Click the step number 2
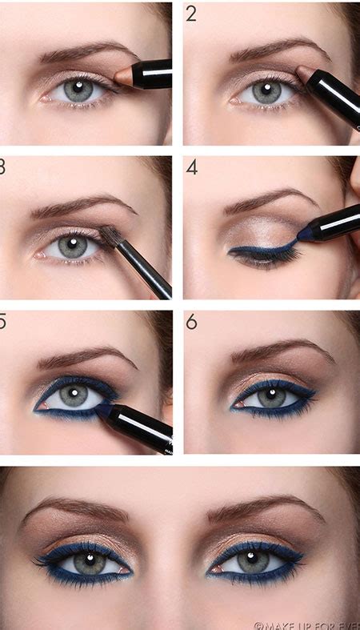coord(191,14)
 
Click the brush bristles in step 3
coord(110,235)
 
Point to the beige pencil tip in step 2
coord(305,74)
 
